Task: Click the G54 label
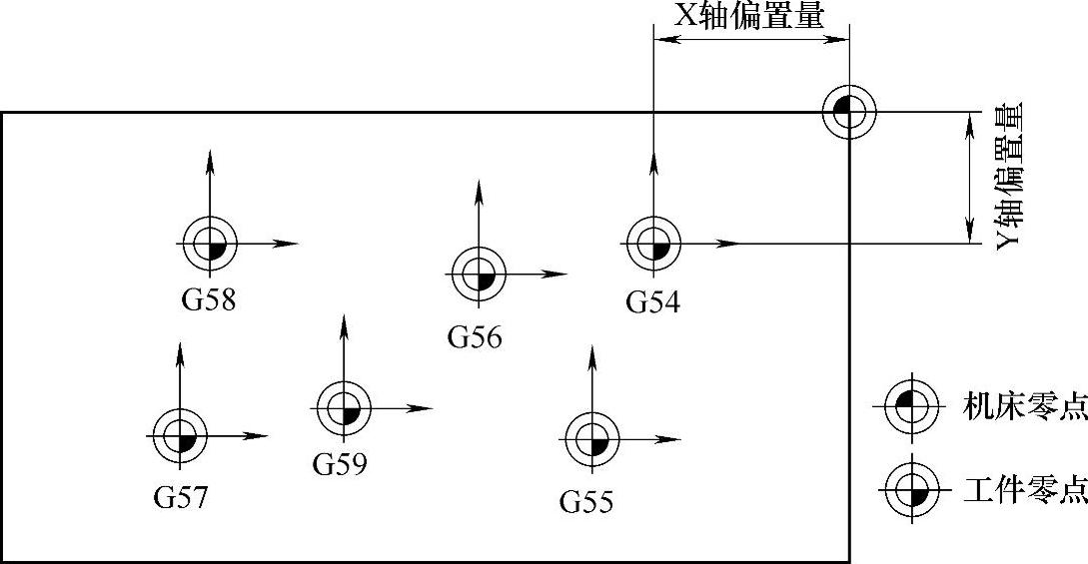652,301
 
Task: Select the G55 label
586,500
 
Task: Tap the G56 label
475,337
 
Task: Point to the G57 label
181,497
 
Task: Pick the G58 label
209,299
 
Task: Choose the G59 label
340,464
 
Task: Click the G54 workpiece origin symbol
652,244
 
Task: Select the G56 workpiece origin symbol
479,274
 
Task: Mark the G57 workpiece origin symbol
179,436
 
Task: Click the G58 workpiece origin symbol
210,244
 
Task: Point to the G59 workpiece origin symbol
344,407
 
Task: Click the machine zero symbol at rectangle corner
849,111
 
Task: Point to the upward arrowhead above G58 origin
210,158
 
